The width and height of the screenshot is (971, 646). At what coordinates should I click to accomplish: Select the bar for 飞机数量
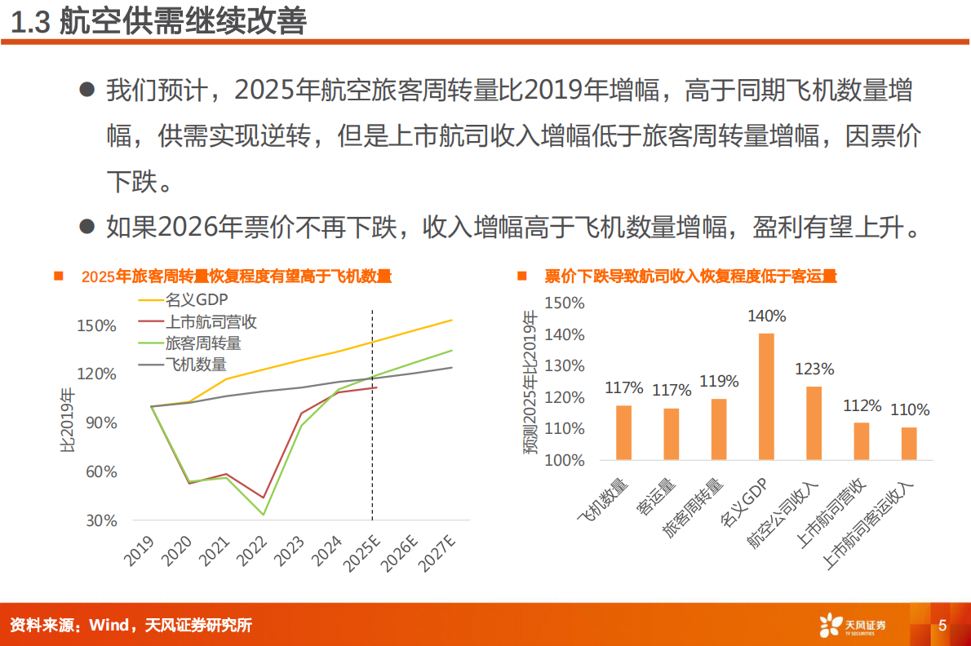[623, 432]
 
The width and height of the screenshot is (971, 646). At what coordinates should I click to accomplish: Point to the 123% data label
[814, 369]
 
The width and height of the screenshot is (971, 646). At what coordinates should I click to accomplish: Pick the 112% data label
[862, 405]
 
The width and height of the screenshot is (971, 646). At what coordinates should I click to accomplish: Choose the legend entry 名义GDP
[196, 300]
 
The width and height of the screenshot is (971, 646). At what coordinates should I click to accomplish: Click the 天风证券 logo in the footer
[854, 626]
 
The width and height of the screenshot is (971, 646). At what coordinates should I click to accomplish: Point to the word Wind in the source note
[108, 626]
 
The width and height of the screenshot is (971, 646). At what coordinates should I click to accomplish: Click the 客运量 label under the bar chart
[658, 498]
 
